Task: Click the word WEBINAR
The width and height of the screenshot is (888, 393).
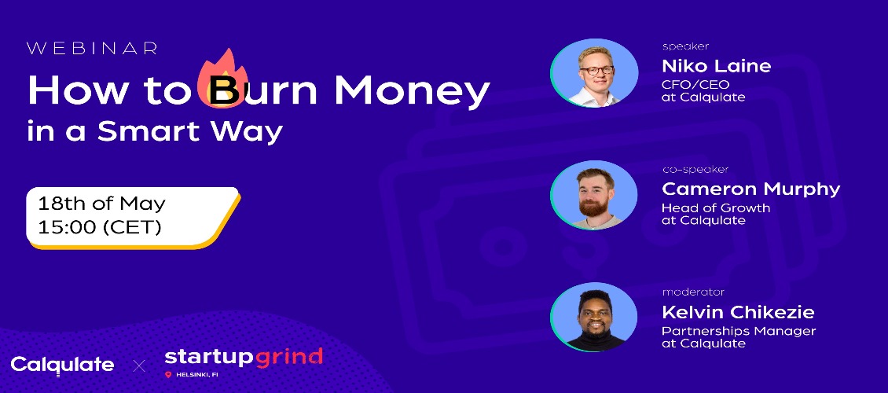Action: [x=92, y=49]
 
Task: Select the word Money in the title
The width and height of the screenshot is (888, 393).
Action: [x=412, y=90]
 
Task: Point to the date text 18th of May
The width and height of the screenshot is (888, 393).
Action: [x=101, y=204]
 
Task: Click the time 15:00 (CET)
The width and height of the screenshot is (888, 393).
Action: [x=100, y=228]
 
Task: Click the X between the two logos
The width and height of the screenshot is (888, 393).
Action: [x=139, y=366]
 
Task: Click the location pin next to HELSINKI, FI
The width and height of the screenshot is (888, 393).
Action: [x=168, y=375]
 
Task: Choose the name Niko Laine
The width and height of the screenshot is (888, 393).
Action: [x=717, y=66]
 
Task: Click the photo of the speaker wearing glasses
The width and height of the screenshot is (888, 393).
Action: [x=594, y=74]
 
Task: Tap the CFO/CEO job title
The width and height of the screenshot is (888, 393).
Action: [x=695, y=85]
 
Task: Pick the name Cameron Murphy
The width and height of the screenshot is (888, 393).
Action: [x=751, y=189]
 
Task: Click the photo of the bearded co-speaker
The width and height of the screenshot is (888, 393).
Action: [x=594, y=196]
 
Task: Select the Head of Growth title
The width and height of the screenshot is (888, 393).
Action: [x=716, y=208]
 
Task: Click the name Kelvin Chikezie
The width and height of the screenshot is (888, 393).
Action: [x=738, y=311]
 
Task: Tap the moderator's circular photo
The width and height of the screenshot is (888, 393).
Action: [x=594, y=317]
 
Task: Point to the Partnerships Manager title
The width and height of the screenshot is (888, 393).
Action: [x=739, y=331]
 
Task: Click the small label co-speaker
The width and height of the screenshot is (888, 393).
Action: [x=695, y=169]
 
